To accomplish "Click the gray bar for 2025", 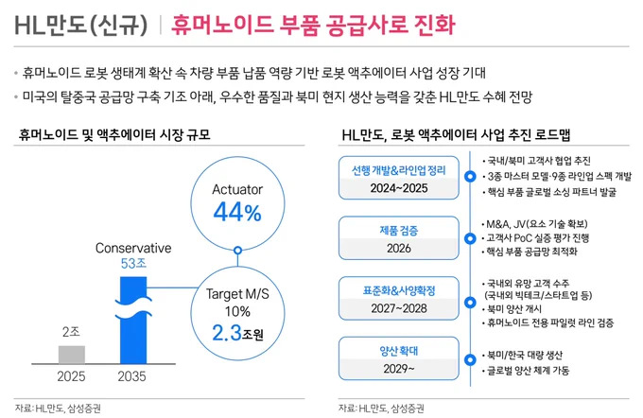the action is [x=72, y=355].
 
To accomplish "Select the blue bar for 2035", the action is [x=133, y=320].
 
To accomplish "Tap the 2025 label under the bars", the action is [x=71, y=376].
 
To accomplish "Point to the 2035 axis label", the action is [x=132, y=376].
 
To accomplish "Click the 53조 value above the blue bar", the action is [x=133, y=263].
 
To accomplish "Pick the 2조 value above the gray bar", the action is [x=71, y=331].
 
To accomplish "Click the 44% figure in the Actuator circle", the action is [x=237, y=213].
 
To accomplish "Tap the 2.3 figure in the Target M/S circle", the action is [x=227, y=333].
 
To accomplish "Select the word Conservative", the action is [x=133, y=248].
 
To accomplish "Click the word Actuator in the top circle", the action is [x=237, y=189].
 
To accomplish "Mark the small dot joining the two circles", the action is [x=237, y=251].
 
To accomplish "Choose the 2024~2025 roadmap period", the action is [x=399, y=188].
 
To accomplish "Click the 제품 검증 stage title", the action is [x=399, y=231].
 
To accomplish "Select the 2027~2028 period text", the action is [x=399, y=308].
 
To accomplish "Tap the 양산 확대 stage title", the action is [x=399, y=351].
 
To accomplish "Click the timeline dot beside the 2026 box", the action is [x=470, y=238].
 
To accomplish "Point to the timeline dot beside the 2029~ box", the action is [x=470, y=359].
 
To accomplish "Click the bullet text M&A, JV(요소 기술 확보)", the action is [x=537, y=224].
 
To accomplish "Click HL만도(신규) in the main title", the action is [x=80, y=25].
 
